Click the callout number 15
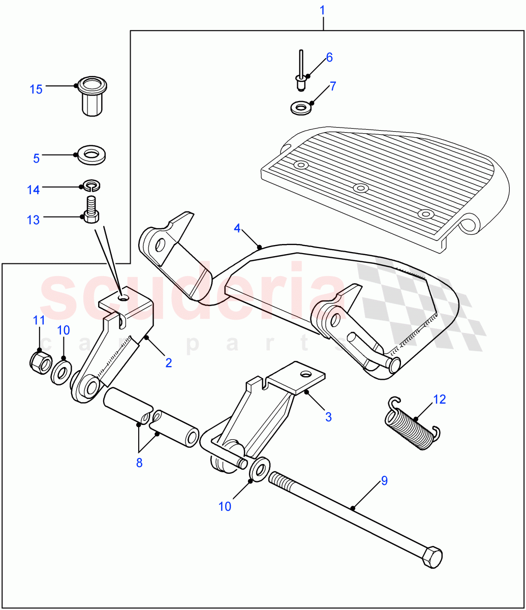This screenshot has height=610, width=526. click(36, 90)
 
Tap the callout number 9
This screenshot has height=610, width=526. click(384, 480)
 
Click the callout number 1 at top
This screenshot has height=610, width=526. click(323, 10)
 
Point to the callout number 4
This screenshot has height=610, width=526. click(237, 228)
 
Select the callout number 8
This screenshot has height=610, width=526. click(139, 463)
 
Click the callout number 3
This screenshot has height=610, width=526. click(328, 417)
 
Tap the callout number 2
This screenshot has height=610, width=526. click(168, 362)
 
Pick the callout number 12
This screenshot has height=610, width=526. click(439, 399)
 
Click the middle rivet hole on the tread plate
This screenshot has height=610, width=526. click(360, 188)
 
